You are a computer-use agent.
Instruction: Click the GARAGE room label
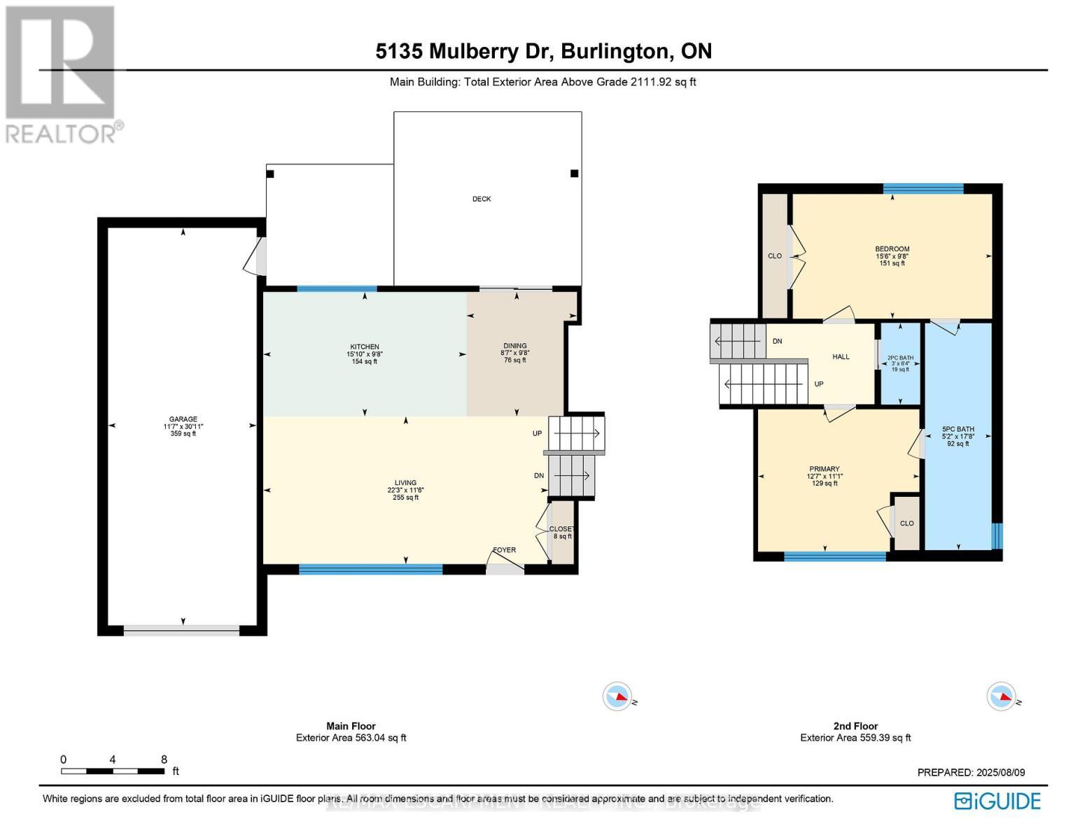(x=183, y=419)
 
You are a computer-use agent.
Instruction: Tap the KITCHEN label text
(x=365, y=347)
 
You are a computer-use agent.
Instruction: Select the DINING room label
(x=515, y=346)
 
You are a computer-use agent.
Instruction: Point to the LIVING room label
(x=405, y=483)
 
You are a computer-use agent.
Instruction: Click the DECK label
(x=482, y=199)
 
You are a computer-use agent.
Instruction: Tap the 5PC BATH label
(x=958, y=430)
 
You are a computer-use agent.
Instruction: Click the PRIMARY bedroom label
(x=825, y=470)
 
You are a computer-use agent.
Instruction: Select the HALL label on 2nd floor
(x=841, y=357)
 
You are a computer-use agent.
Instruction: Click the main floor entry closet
(x=562, y=531)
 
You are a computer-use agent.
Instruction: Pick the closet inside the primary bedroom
(x=907, y=524)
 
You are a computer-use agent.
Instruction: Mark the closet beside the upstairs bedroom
(x=775, y=256)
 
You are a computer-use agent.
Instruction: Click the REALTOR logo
(x=63, y=73)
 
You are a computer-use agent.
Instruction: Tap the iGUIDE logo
(x=998, y=801)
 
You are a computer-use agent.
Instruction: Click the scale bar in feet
(x=113, y=771)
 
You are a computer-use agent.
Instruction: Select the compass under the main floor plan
(x=617, y=696)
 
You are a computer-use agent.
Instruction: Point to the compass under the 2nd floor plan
(x=1001, y=696)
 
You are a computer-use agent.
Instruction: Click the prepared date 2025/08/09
(x=971, y=772)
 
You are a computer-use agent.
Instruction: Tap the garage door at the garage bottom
(x=182, y=630)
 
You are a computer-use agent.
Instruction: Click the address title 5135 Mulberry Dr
(x=543, y=51)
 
